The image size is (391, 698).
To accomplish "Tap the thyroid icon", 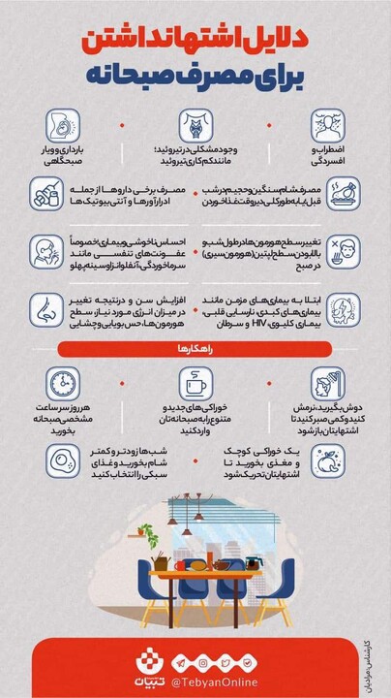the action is (x=195, y=127).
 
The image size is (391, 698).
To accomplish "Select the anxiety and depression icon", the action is (x=329, y=127).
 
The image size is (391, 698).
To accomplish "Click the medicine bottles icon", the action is (x=46, y=194).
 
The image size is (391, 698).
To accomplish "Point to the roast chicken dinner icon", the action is (x=345, y=193).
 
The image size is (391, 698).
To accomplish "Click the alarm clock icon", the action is (x=62, y=380).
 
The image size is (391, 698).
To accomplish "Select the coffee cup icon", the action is (x=195, y=380).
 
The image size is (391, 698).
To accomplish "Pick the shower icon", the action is (x=329, y=380).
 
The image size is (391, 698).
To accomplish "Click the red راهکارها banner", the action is (x=195, y=347).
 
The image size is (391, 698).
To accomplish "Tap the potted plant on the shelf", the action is (x=144, y=531).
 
